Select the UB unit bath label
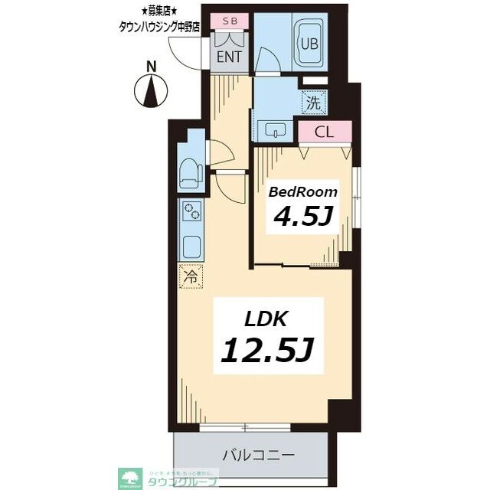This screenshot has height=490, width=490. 309,43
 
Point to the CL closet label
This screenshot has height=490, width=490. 324,132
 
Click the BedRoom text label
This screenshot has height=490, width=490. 302,192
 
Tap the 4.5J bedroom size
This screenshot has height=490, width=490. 302,217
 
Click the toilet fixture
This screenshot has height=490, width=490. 188,174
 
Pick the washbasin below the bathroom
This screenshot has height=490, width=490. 275,131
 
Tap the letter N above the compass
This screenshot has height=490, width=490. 152,67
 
